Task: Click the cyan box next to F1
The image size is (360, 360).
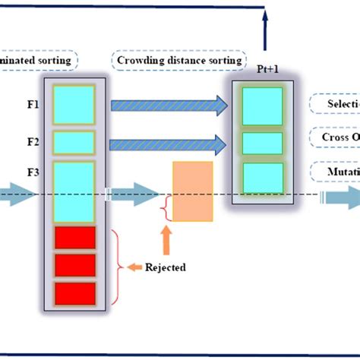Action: click(x=74, y=105)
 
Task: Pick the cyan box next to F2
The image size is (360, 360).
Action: click(x=74, y=143)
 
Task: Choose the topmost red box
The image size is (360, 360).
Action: click(x=74, y=238)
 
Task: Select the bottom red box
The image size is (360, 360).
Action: click(x=74, y=293)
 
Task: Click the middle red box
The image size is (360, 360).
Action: click(x=74, y=265)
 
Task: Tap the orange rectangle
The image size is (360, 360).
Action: click(x=193, y=191)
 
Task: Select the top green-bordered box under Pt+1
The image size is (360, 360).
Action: click(x=262, y=106)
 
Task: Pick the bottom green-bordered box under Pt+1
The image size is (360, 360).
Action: click(x=262, y=178)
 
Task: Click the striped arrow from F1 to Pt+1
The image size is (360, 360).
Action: click(x=169, y=106)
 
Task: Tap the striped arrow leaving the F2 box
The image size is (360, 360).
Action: click(x=169, y=144)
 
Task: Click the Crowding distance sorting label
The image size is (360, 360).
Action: click(x=179, y=59)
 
